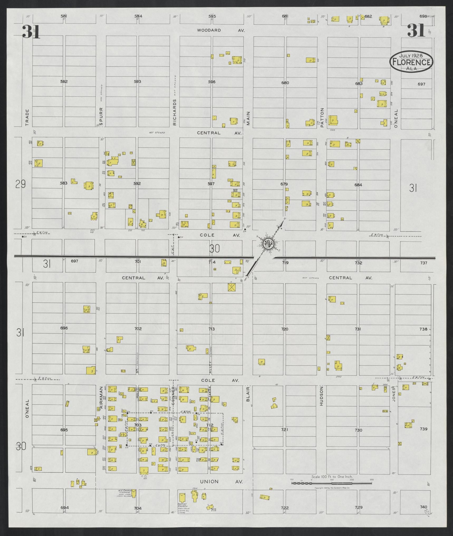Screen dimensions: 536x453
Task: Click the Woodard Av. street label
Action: click(x=221, y=30)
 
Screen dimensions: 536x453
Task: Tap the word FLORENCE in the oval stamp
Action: click(x=412, y=62)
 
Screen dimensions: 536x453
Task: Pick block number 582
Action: click(x=64, y=82)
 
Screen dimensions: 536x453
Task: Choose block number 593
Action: click(x=137, y=81)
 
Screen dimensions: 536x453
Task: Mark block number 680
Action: click(x=285, y=83)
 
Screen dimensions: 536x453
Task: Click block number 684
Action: click(x=358, y=185)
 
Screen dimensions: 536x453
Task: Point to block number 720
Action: click(x=285, y=329)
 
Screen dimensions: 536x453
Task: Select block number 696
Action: click(x=64, y=328)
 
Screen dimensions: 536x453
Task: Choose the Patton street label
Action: click(x=322, y=114)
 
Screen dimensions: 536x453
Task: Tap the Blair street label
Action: click(x=248, y=396)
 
